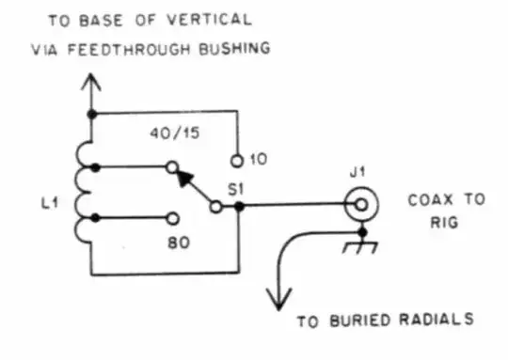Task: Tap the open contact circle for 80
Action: tap(171, 218)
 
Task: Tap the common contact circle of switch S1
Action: tap(216, 205)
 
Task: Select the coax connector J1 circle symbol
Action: tap(357, 204)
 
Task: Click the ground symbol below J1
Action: tap(359, 246)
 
